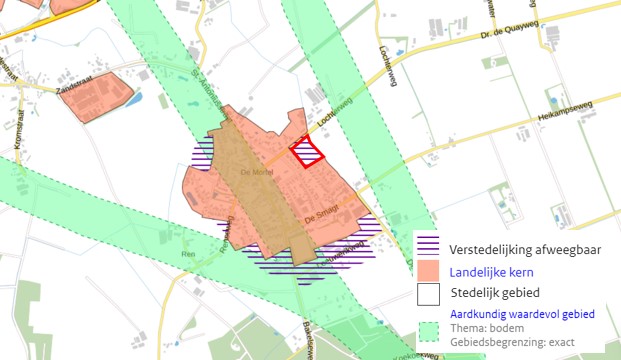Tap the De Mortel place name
point(257,172)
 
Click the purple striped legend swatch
point(429,245)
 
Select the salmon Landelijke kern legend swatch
point(429,270)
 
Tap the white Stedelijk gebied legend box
point(429,294)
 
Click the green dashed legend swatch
point(429,329)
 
